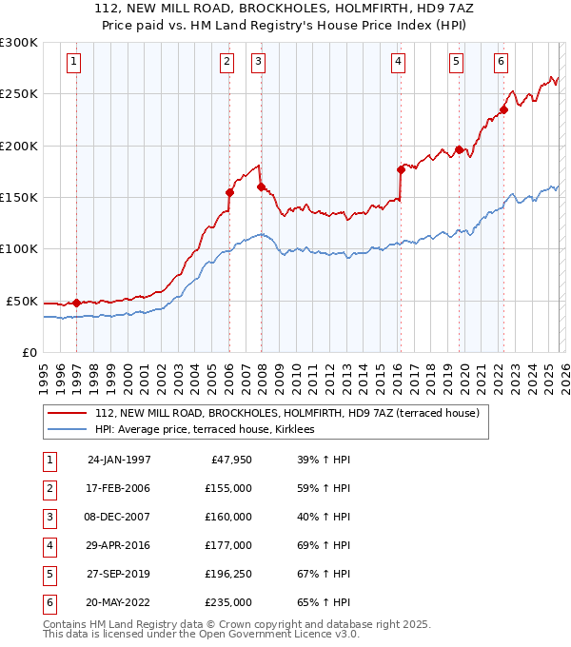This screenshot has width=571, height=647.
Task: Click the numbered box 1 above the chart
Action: tap(74, 62)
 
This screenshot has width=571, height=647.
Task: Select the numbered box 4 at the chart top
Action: tap(398, 62)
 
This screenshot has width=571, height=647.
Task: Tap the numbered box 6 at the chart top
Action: tap(501, 62)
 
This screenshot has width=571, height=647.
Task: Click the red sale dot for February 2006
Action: tap(229, 192)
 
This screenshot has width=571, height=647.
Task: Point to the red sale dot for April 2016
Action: tap(401, 170)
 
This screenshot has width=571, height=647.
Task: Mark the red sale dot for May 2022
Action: tap(503, 108)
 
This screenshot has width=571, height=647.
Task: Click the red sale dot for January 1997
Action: tap(76, 303)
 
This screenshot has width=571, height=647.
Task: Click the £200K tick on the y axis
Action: tap(19, 146)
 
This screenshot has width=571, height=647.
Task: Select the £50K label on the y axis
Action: tap(22, 301)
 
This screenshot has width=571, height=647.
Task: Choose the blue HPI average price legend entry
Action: tap(210, 430)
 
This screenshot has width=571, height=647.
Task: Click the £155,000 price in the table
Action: tap(228, 488)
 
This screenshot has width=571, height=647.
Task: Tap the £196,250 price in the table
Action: tap(228, 574)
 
